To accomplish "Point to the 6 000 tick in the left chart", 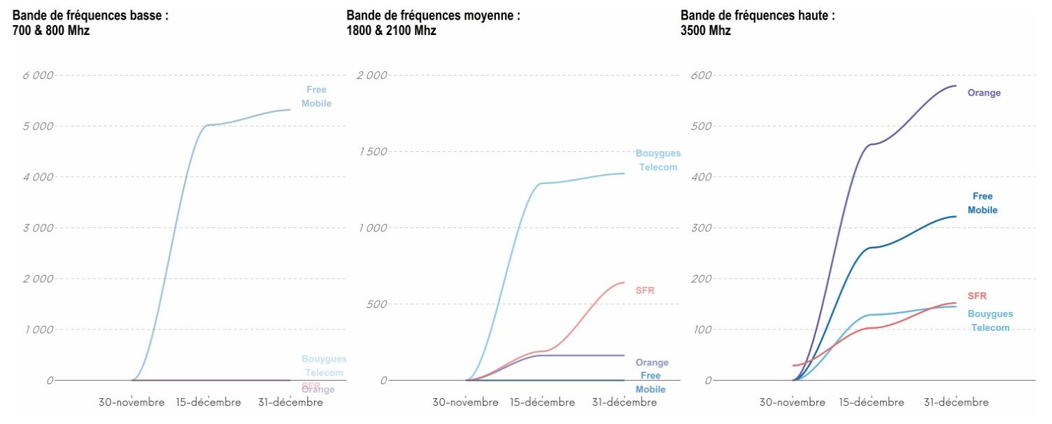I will (38, 76).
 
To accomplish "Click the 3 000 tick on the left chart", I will (38, 228).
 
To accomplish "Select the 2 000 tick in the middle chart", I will (372, 76).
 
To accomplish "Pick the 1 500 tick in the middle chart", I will (372, 152).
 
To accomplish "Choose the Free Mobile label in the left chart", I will (316, 97).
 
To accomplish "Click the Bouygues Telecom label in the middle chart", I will (657, 160).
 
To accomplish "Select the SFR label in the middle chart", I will (645, 290).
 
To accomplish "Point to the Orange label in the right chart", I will (984, 93).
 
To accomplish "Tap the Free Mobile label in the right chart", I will (982, 203).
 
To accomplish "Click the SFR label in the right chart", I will (977, 296).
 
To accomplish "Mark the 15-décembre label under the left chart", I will (208, 402).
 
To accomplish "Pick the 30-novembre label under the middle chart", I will (465, 402).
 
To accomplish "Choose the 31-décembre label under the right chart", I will (955, 402).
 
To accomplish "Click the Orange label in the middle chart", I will (652, 362).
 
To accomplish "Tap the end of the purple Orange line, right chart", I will (955, 86).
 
